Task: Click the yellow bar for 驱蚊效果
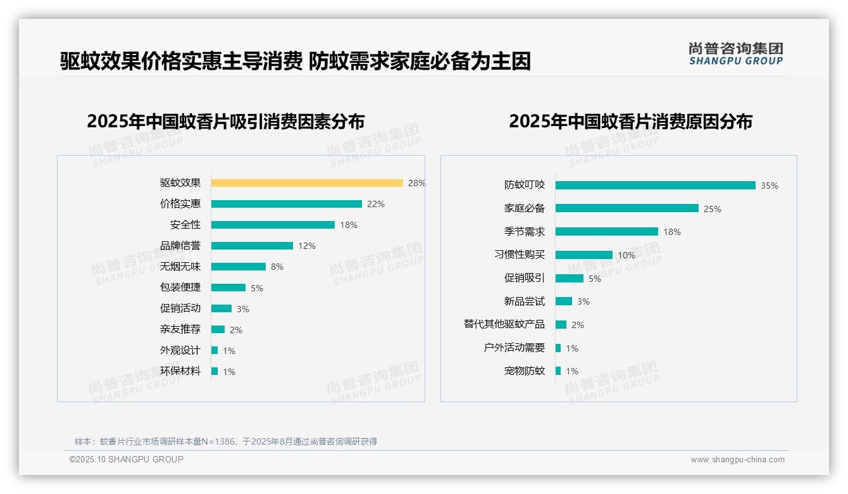click(x=307, y=183)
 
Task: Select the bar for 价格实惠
click(x=286, y=204)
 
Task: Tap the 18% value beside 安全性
click(x=349, y=225)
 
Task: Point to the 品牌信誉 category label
click(x=180, y=246)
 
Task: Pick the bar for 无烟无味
click(x=238, y=267)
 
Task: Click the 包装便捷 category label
click(x=180, y=288)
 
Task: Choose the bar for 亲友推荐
click(x=218, y=329)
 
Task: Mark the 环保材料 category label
click(x=180, y=371)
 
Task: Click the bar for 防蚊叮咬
click(x=655, y=185)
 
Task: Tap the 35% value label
click(x=770, y=186)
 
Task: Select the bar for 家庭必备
click(x=627, y=208)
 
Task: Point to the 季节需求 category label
click(x=525, y=232)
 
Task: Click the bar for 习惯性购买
click(x=583, y=255)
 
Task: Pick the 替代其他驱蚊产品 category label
click(x=504, y=324)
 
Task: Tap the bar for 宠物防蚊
click(x=558, y=371)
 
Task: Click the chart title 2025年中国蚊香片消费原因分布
click(x=630, y=122)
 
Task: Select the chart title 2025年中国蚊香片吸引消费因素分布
click(x=225, y=122)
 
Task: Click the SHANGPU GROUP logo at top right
click(x=735, y=54)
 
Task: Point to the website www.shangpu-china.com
click(x=737, y=460)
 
